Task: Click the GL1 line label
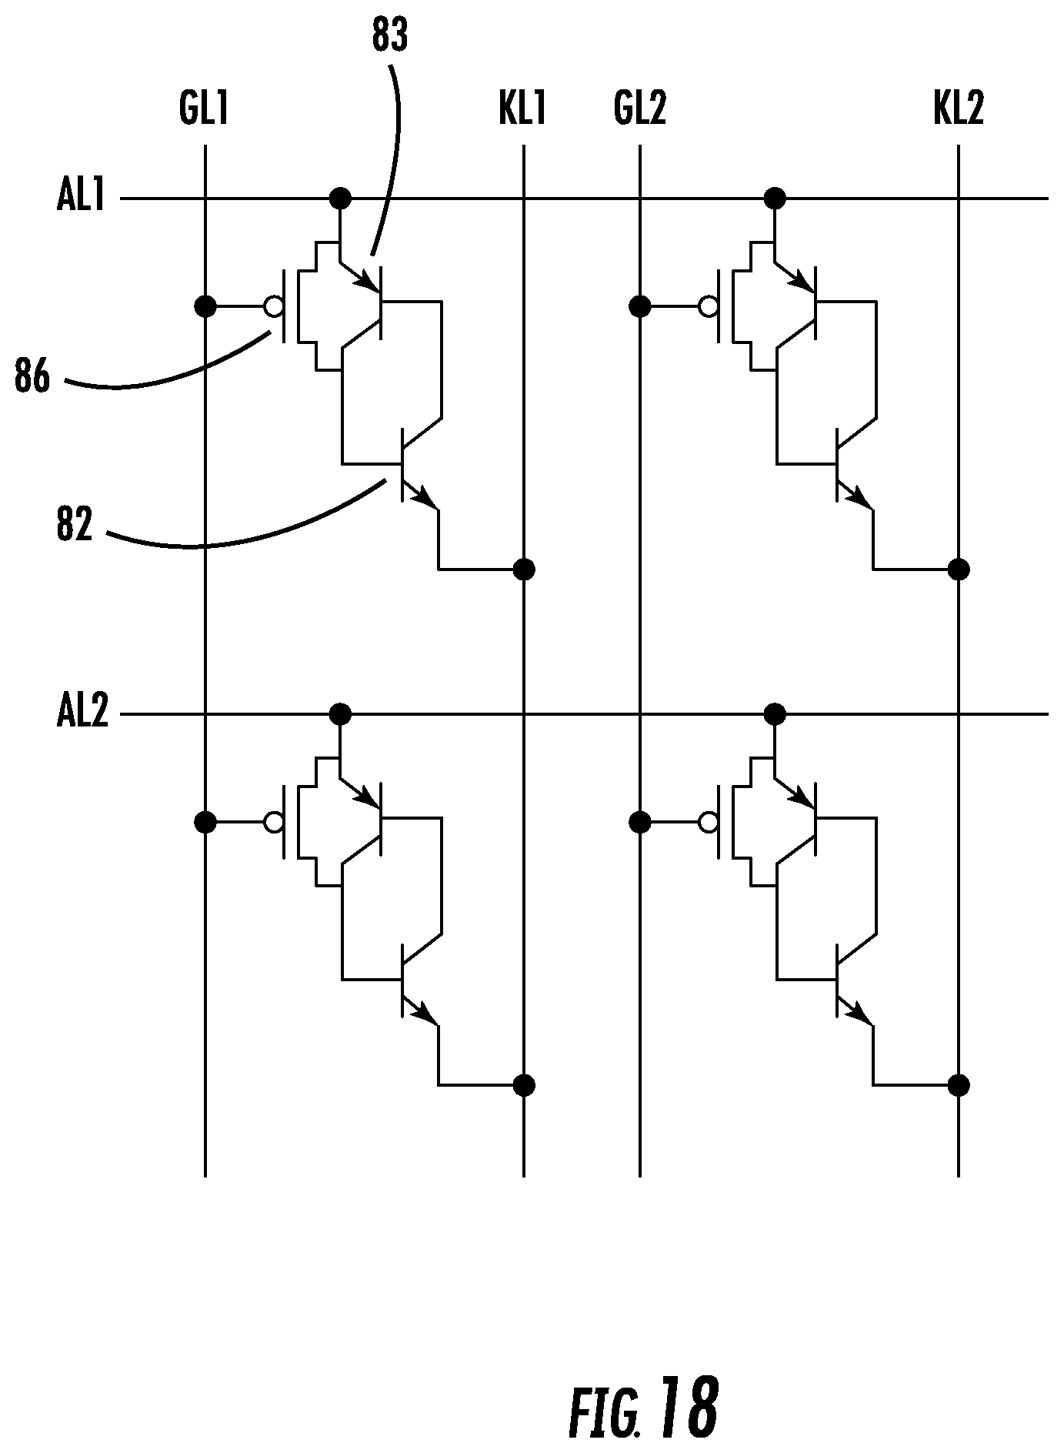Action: (204, 109)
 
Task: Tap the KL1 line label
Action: (522, 109)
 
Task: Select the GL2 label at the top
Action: (639, 109)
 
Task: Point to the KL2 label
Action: (958, 109)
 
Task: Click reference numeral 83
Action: (389, 37)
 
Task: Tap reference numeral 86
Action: (32, 379)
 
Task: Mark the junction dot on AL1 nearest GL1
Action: (340, 199)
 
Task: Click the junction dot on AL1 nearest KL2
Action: (775, 199)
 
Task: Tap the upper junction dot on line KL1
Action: (524, 570)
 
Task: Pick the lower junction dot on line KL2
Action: (959, 1085)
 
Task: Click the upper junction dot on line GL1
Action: (205, 307)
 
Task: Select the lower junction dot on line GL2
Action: (639, 823)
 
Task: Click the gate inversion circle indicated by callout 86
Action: (273, 307)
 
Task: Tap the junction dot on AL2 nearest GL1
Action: (340, 714)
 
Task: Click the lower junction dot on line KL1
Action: (524, 1085)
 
